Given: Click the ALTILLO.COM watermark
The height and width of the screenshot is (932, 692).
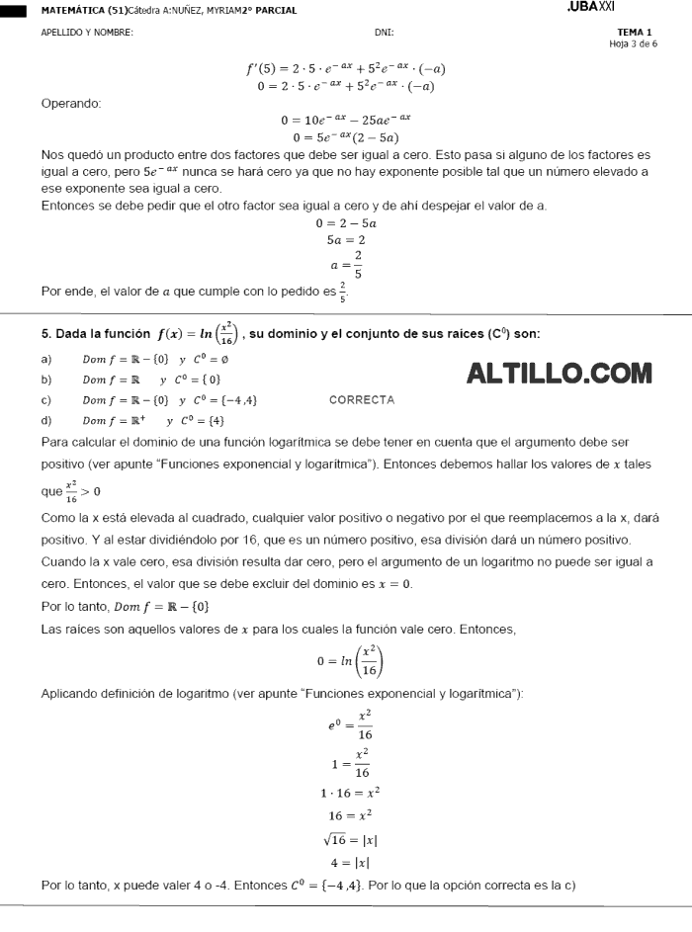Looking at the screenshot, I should pyautogui.click(x=559, y=374).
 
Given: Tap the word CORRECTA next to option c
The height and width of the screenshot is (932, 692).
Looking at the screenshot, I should pyautogui.click(x=361, y=400).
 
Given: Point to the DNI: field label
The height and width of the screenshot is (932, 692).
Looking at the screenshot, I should pyautogui.click(x=385, y=33).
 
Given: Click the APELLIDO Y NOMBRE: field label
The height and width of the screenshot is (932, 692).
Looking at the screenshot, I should pyautogui.click(x=87, y=33).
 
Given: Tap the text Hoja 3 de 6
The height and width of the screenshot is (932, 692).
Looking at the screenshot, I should pyautogui.click(x=633, y=43).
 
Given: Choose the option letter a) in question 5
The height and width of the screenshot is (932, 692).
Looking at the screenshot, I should pyautogui.click(x=46, y=359).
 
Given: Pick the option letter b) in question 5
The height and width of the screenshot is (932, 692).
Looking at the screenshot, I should pyautogui.click(x=46, y=380).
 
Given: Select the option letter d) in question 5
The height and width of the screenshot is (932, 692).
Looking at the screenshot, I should pyautogui.click(x=46, y=421).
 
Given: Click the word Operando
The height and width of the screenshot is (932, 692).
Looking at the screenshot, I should pyautogui.click(x=71, y=103).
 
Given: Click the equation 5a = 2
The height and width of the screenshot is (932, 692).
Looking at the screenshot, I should pyautogui.click(x=346, y=240).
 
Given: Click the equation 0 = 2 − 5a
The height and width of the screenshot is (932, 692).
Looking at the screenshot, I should pyautogui.click(x=345, y=223).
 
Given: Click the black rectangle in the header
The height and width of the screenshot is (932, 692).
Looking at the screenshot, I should pyautogui.click(x=15, y=11).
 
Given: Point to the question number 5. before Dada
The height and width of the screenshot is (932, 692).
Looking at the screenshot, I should pyautogui.click(x=46, y=334).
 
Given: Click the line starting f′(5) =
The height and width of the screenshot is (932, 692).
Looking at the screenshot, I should pyautogui.click(x=345, y=69).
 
